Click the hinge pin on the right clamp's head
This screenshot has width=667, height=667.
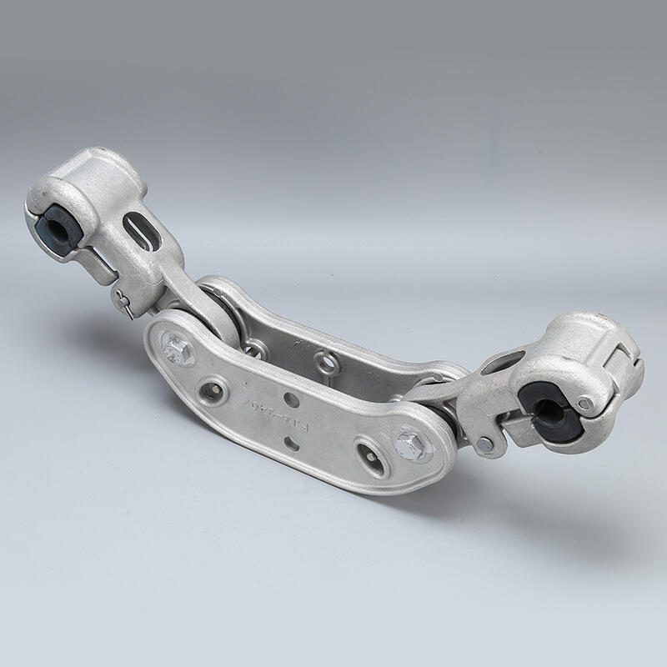pos(587,403)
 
